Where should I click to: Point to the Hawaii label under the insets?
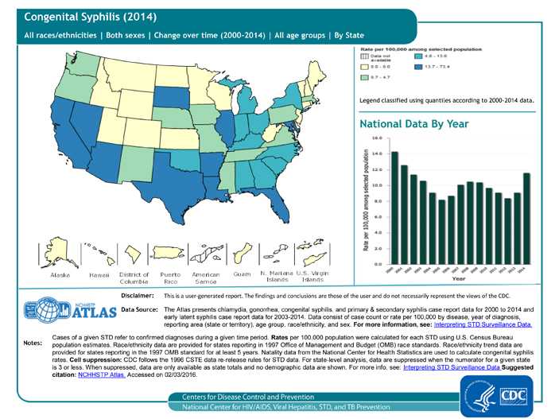point(99,275)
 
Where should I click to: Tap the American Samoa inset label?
point(206,277)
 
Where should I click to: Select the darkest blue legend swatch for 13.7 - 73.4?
point(417,67)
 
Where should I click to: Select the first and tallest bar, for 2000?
point(394,207)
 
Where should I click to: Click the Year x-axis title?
point(459,279)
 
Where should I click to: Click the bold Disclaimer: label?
point(137,295)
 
